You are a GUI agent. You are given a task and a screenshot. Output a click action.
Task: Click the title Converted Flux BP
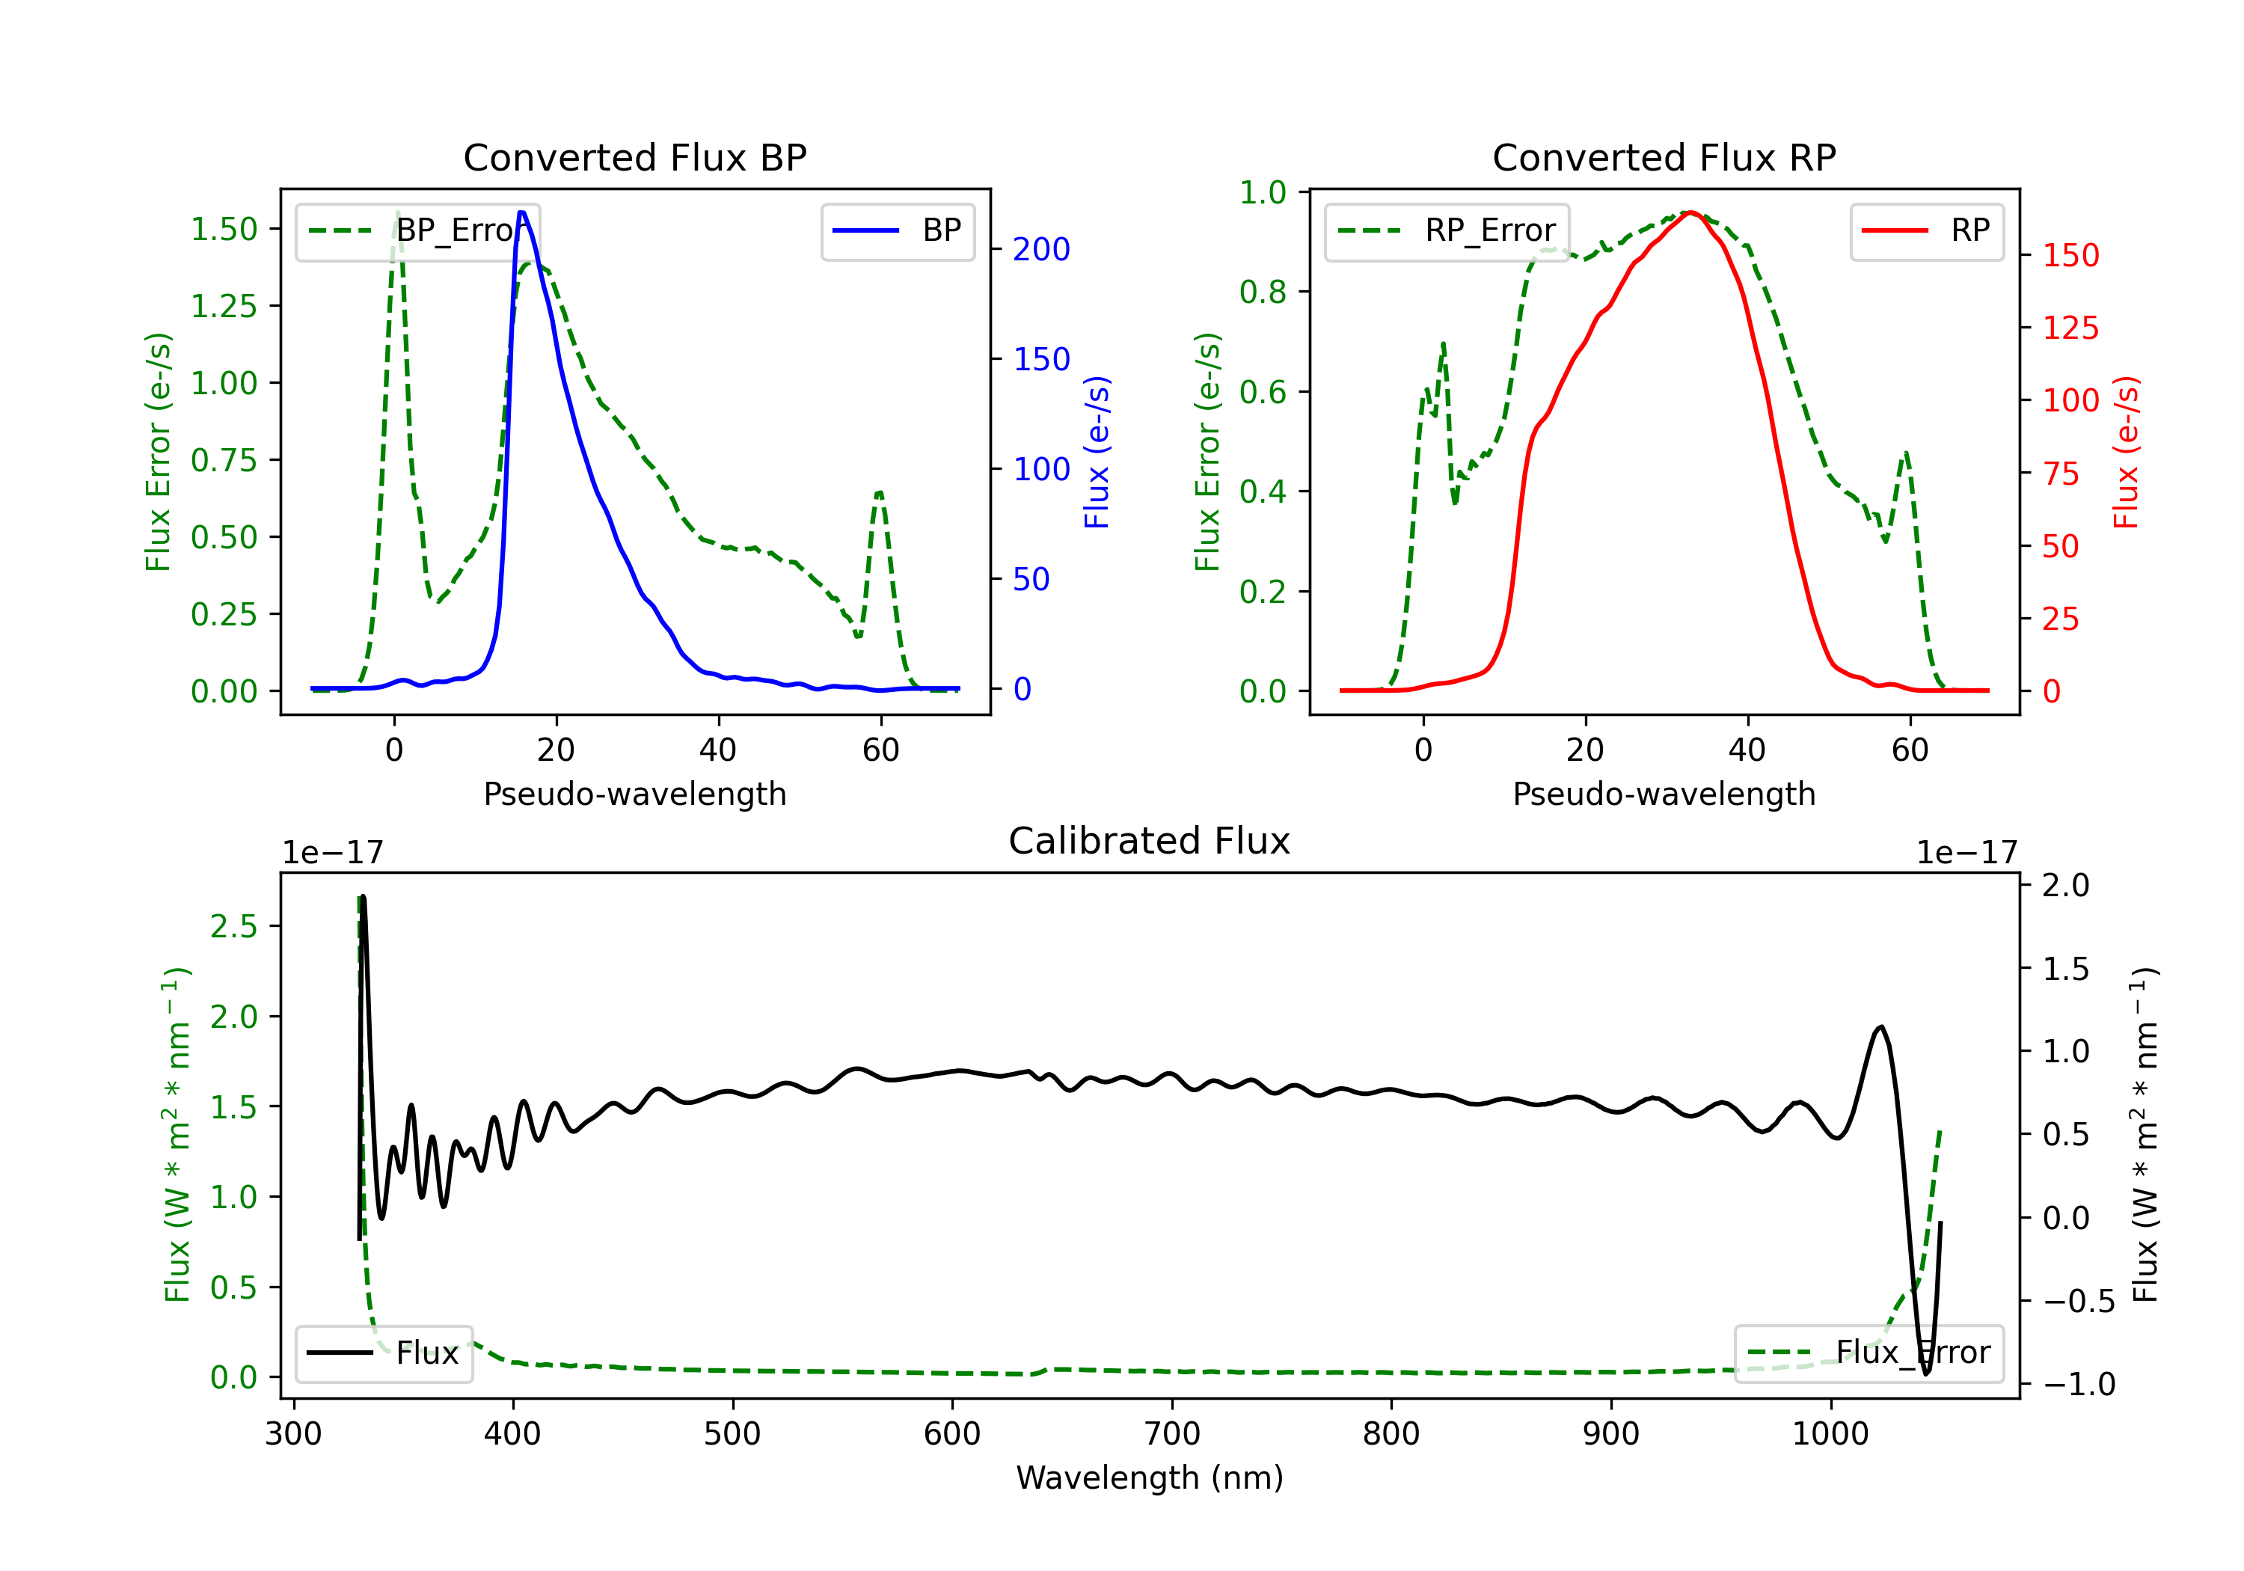tap(634, 157)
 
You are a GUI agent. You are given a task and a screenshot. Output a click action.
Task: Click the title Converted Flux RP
tap(1664, 157)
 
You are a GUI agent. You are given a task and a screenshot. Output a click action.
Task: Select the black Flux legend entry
tap(384, 1353)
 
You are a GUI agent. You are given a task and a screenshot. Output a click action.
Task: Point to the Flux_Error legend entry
tap(1869, 1353)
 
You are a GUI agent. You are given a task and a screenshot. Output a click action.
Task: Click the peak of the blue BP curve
tap(522, 212)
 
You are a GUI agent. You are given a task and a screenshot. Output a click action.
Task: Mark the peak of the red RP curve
tap(1690, 212)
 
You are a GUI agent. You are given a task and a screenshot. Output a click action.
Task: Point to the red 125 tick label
tap(2070, 328)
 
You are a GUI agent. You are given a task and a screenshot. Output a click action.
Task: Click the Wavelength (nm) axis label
tap(1150, 1477)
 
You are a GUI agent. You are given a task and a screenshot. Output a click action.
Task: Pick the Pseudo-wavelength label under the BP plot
tap(634, 794)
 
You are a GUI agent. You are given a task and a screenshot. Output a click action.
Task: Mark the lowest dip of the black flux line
tap(1926, 1374)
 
